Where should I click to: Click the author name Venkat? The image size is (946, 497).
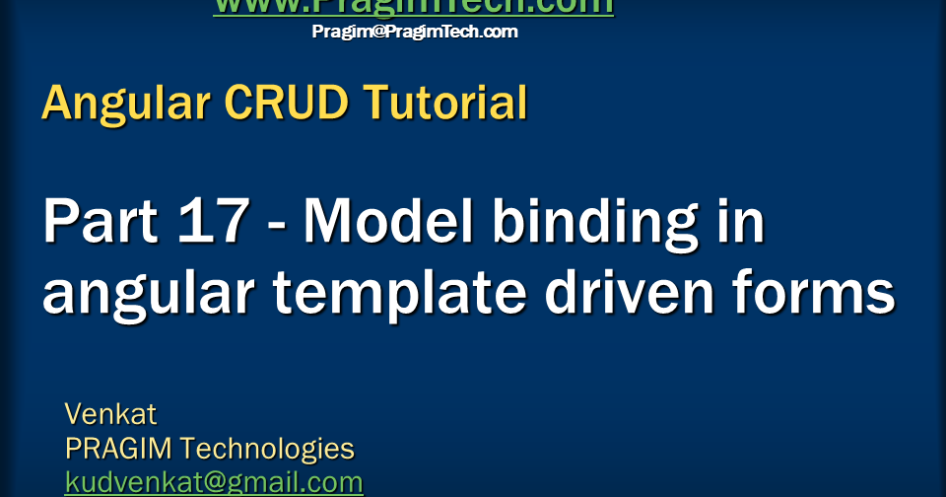(x=110, y=413)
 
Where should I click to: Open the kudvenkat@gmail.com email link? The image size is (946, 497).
(x=214, y=482)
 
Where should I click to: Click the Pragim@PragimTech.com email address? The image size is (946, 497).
(x=415, y=32)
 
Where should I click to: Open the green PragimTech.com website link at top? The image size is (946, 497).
(x=413, y=7)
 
